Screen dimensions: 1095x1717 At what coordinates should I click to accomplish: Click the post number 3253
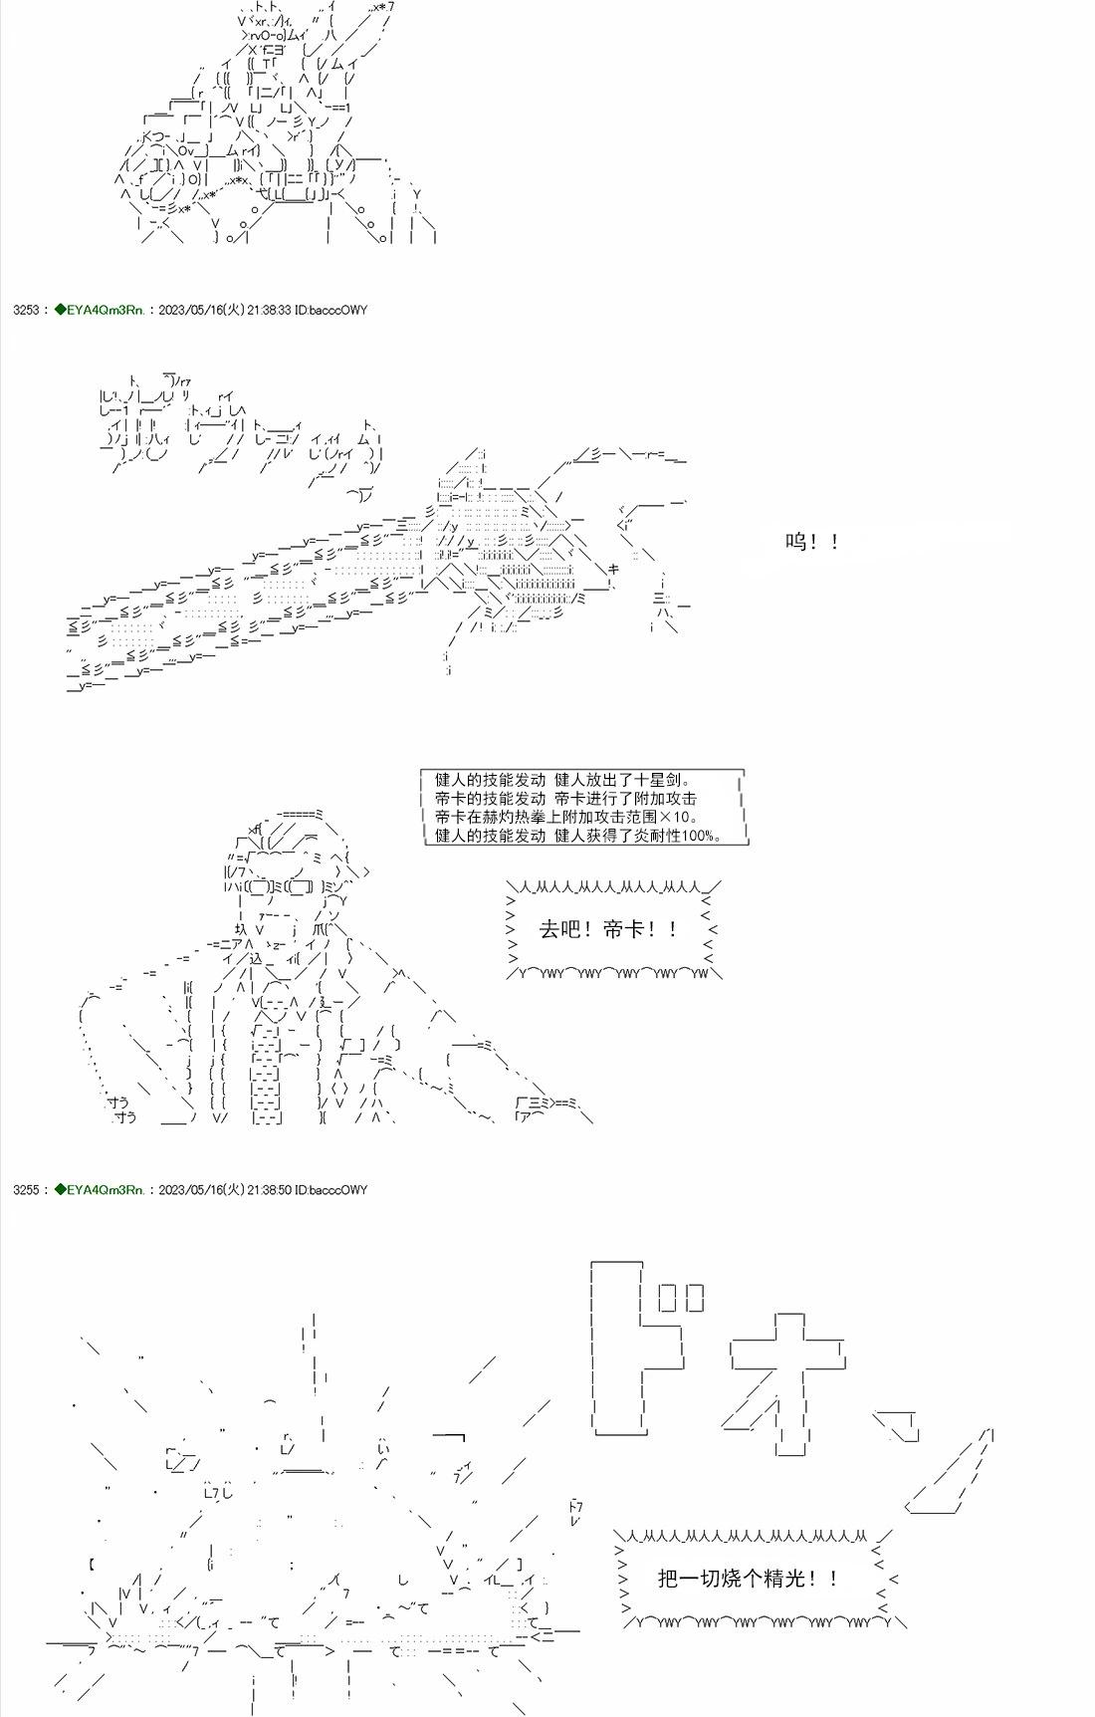pyautogui.click(x=26, y=310)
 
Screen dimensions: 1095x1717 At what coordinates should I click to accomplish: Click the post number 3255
pyautogui.click(x=26, y=1189)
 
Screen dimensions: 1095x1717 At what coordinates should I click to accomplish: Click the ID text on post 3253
pyautogui.click(x=331, y=310)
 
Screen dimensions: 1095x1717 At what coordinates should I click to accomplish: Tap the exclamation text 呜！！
pyautogui.click(x=812, y=542)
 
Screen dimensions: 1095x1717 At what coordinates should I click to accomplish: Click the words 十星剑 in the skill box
pyautogui.click(x=659, y=781)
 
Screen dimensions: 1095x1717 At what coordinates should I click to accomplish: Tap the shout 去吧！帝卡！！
pyautogui.click(x=609, y=929)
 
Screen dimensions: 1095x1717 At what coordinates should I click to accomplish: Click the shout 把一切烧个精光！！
pyautogui.click(x=748, y=1578)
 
